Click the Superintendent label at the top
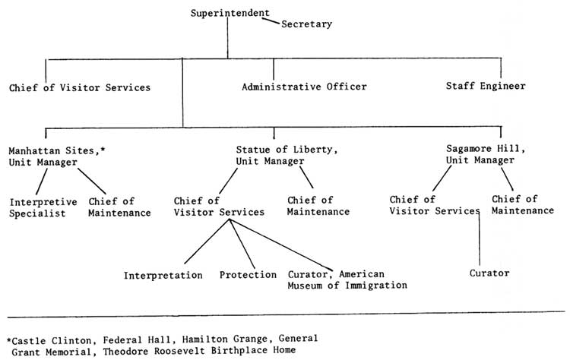230,13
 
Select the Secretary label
306,24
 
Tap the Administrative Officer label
304,87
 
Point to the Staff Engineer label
486,86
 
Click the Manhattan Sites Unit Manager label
57,156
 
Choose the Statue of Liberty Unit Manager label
287,155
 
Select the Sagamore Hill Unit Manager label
486,154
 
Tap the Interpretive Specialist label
43,207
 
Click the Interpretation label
163,276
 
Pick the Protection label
248,275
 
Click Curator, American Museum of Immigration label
347,279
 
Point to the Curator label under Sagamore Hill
489,273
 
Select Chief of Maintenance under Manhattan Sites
119,207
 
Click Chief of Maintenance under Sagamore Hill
523,205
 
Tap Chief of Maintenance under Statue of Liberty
318,206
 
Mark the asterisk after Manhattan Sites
103,149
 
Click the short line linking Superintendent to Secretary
271,21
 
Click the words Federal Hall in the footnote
137,340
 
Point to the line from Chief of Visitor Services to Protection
242,244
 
